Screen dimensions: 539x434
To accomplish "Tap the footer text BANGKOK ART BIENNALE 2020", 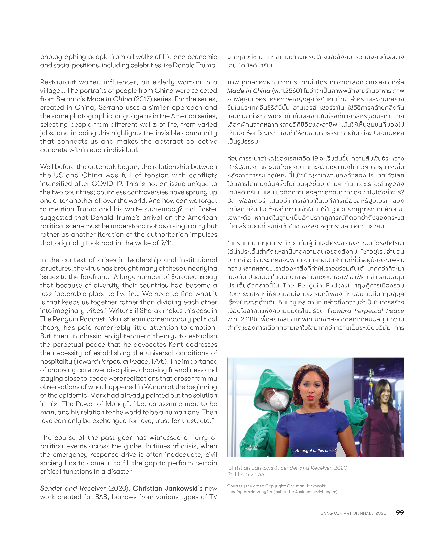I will pos(353,513).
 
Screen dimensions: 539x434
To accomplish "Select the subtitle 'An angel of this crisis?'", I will pos(316,450).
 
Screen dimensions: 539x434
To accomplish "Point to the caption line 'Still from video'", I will pos(245,474).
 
